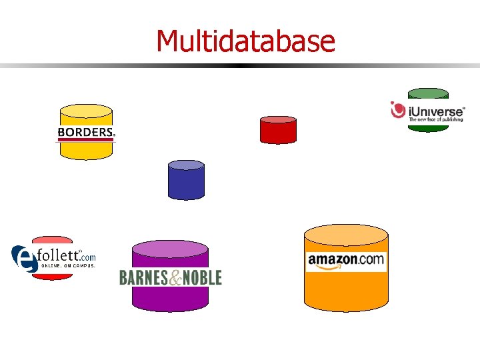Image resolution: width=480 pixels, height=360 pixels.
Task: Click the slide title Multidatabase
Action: point(245,41)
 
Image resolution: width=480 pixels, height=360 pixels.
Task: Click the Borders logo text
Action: point(85,133)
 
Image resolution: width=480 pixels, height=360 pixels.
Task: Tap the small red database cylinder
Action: point(278,130)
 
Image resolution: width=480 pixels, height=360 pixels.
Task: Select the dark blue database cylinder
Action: point(186,181)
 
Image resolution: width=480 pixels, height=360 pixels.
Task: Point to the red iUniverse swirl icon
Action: point(399,110)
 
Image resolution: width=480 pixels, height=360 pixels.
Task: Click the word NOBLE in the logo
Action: point(202,277)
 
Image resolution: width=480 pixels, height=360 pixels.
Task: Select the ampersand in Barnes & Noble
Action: point(175,278)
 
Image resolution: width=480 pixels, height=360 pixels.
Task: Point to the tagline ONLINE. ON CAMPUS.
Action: point(69,265)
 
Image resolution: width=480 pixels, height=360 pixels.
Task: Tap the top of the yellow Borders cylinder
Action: point(85,111)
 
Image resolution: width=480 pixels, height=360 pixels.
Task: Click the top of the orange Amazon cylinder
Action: point(346,233)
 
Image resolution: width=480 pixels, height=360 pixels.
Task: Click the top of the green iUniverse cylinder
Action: point(428,93)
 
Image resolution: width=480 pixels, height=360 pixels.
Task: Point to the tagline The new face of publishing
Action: point(436,119)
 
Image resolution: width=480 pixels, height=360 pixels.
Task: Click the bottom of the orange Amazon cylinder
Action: point(346,303)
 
